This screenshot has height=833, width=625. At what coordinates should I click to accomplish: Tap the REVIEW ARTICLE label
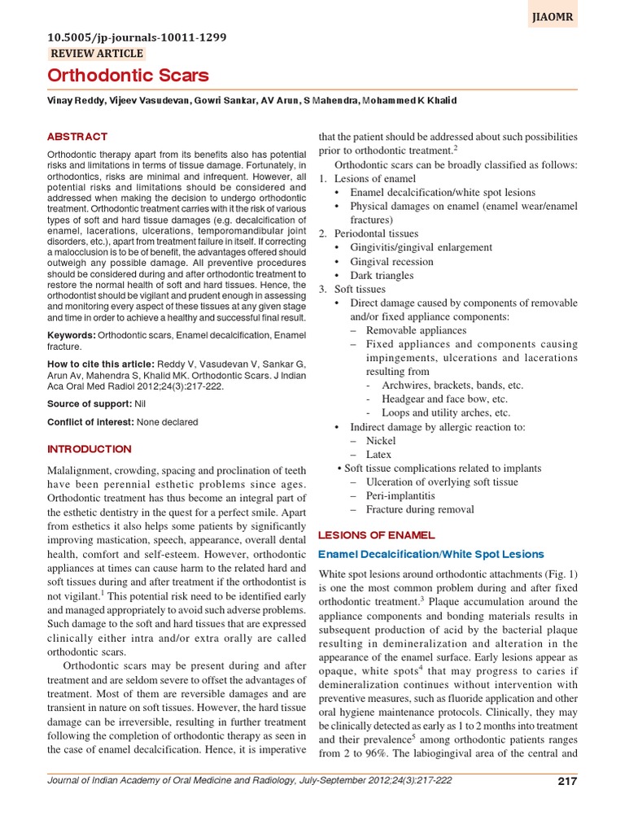pyautogui.click(x=97, y=54)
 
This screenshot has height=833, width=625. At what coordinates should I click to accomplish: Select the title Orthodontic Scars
pyautogui.click(x=128, y=76)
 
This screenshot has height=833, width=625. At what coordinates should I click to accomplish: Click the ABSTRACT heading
pyautogui.click(x=77, y=137)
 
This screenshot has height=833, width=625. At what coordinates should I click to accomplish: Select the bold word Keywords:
pyautogui.click(x=72, y=335)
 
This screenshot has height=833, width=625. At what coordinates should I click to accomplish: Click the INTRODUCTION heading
pyautogui.click(x=89, y=449)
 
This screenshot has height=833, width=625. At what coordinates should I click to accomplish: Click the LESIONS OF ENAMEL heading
pyautogui.click(x=375, y=535)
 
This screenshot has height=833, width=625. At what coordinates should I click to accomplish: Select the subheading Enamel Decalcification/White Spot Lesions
pyautogui.click(x=431, y=554)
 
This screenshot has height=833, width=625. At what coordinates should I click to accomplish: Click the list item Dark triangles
pyautogui.click(x=382, y=276)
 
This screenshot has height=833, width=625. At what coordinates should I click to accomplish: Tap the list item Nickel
pyautogui.click(x=380, y=440)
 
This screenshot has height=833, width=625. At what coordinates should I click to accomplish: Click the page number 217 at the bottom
pyautogui.click(x=566, y=782)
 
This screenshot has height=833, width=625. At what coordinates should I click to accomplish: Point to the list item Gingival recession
pyautogui.click(x=391, y=262)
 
